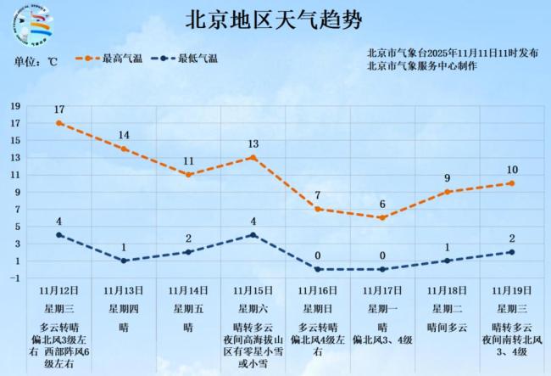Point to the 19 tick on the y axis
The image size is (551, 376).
pyautogui.click(x=14, y=106)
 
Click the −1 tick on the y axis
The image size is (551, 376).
pyautogui.click(x=14, y=278)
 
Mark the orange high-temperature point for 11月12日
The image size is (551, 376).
pyautogui.click(x=59, y=123)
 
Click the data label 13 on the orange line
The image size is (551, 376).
pyautogui.click(x=253, y=144)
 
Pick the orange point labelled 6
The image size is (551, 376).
pyautogui.click(x=382, y=217)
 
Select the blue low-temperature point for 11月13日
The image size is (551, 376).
pyautogui.click(x=124, y=261)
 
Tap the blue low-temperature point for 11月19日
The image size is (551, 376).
pyautogui.click(x=512, y=252)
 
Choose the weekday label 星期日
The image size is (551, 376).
pyautogui.click(x=318, y=308)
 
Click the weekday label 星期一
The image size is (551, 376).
pyautogui.click(x=382, y=308)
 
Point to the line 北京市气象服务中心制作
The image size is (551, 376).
pyautogui.click(x=422, y=65)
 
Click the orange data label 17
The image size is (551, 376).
pyautogui.click(x=59, y=109)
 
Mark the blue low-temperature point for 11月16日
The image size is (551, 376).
pyautogui.click(x=318, y=269)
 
